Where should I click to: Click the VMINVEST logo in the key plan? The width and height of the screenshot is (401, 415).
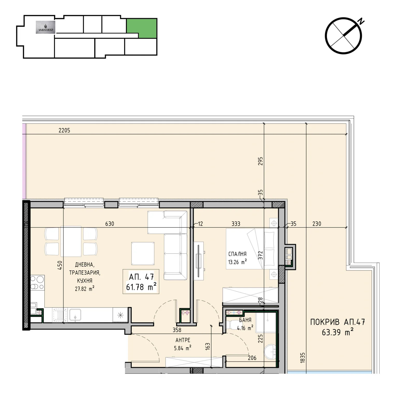pos(45,27)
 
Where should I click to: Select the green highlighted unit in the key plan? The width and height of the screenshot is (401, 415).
pos(142,28)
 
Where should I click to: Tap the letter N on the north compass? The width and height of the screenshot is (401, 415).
pos(361,22)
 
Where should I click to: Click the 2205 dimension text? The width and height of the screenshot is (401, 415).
pos(64,130)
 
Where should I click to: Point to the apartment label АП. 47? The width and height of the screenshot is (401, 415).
pos(141,277)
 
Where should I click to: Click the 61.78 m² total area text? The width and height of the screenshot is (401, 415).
pos(141,287)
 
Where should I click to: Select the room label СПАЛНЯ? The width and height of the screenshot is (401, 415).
pos(237,254)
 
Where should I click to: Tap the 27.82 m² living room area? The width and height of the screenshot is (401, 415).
pos(85,289)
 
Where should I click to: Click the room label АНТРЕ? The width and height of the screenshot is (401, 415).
pos(183,340)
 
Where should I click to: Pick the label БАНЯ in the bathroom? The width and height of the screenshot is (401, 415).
pos(245,320)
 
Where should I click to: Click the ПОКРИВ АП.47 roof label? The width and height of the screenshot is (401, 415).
pos(338,322)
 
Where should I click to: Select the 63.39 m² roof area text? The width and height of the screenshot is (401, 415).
pos(338,332)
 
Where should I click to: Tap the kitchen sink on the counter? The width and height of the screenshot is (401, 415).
pos(75,315)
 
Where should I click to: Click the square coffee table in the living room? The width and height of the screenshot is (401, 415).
pos(143,254)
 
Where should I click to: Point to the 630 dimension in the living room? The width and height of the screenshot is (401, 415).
pos(110,224)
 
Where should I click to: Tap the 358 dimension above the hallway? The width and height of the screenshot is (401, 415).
pos(177,330)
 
